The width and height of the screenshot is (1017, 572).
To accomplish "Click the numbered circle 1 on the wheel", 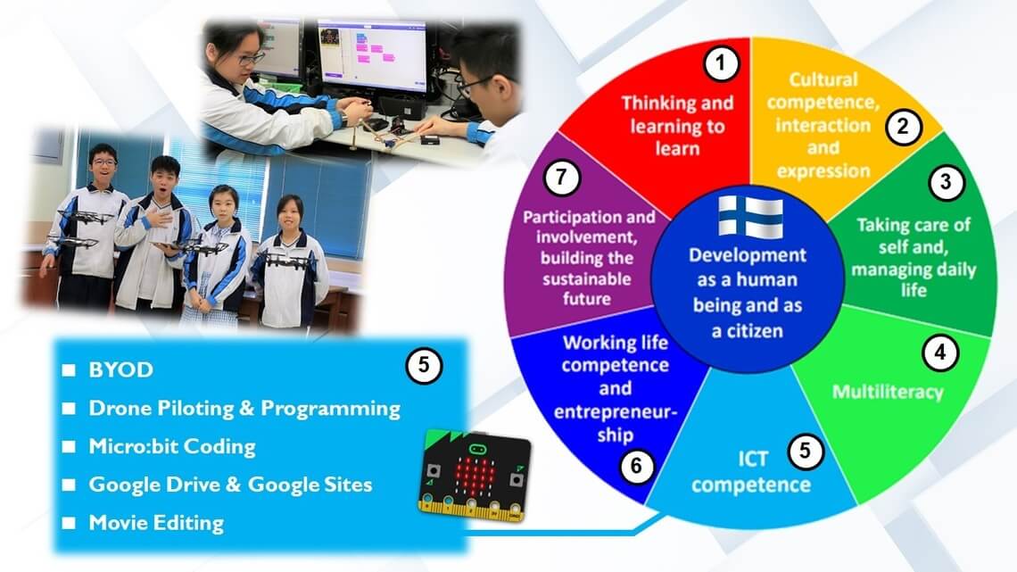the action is click(721, 63).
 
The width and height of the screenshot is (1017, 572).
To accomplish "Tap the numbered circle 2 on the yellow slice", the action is click(903, 127).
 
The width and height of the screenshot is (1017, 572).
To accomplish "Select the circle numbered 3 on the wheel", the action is click(946, 181).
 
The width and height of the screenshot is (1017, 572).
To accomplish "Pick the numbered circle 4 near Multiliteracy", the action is click(940, 352).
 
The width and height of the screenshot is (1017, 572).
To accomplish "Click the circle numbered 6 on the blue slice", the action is click(636, 465).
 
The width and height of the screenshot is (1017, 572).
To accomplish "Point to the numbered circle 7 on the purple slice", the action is click(562, 178).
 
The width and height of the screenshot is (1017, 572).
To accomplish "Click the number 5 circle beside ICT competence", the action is click(805, 450).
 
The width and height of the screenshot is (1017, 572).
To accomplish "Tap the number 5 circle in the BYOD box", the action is click(424, 365).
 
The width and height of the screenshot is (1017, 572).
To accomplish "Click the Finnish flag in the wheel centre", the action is click(750, 217).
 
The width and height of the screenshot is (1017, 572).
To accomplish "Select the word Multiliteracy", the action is click(888, 392).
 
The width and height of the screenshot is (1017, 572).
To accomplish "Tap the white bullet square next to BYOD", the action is click(69, 369).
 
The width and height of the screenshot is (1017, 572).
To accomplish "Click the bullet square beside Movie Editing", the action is click(69, 523).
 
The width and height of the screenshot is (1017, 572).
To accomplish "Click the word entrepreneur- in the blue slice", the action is click(616, 411).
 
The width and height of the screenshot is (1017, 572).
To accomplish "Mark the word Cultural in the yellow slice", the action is click(823, 79).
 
